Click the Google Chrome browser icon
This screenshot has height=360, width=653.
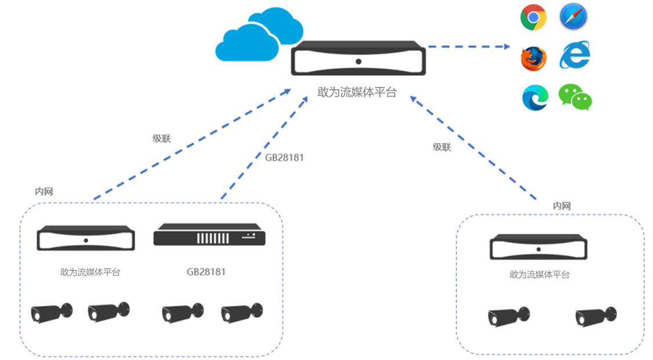[x=533, y=17]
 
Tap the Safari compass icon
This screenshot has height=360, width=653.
[x=574, y=17]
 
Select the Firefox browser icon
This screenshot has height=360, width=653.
[x=533, y=59]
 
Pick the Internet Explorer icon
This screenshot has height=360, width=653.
[x=574, y=56]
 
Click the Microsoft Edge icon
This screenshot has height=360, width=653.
[x=535, y=97]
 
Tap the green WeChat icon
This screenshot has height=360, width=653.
[x=575, y=97]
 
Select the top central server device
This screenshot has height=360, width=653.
[x=358, y=59]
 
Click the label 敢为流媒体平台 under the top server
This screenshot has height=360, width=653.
[x=357, y=92]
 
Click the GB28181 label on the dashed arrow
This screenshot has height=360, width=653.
[x=284, y=157]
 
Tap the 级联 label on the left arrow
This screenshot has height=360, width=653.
[x=162, y=139]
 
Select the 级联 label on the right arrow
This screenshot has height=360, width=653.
[x=441, y=147]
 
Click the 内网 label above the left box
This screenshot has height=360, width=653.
[x=44, y=191]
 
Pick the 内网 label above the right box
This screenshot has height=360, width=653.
[x=561, y=206]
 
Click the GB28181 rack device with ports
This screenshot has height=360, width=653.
[x=209, y=237]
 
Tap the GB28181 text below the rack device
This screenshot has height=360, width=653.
[x=206, y=271]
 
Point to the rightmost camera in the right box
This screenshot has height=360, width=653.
[x=596, y=316]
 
